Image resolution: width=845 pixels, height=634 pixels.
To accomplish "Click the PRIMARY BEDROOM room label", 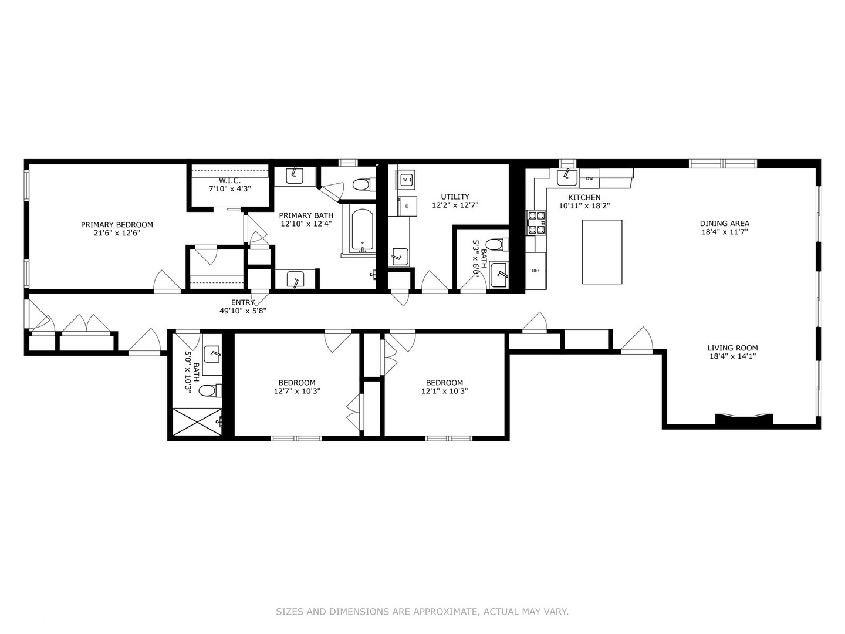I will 117,225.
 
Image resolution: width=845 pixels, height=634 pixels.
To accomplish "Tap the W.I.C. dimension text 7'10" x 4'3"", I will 229,189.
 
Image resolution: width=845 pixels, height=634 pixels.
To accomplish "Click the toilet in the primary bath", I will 364,185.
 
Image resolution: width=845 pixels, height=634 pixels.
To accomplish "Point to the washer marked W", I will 405,179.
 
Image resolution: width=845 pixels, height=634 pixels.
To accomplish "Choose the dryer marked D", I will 407,206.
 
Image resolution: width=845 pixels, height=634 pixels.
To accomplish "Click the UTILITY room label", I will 455,197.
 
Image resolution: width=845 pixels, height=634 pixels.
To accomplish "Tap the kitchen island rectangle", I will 601,252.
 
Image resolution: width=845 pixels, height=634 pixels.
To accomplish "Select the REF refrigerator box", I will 535,271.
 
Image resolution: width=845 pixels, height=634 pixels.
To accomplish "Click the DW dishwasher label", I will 589,178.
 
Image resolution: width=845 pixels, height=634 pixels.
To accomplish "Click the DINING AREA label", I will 724,223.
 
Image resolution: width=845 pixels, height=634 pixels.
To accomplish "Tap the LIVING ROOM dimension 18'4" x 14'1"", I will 732,356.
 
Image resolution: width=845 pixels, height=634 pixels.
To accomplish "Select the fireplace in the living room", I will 743,419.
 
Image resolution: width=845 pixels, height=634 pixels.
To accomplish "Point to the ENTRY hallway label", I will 243,302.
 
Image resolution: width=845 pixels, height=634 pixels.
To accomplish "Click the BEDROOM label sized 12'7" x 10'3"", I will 297,383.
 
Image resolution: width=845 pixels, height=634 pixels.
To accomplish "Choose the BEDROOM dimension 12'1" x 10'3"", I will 444,391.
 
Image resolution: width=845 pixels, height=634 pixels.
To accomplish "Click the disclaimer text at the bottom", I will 422,612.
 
